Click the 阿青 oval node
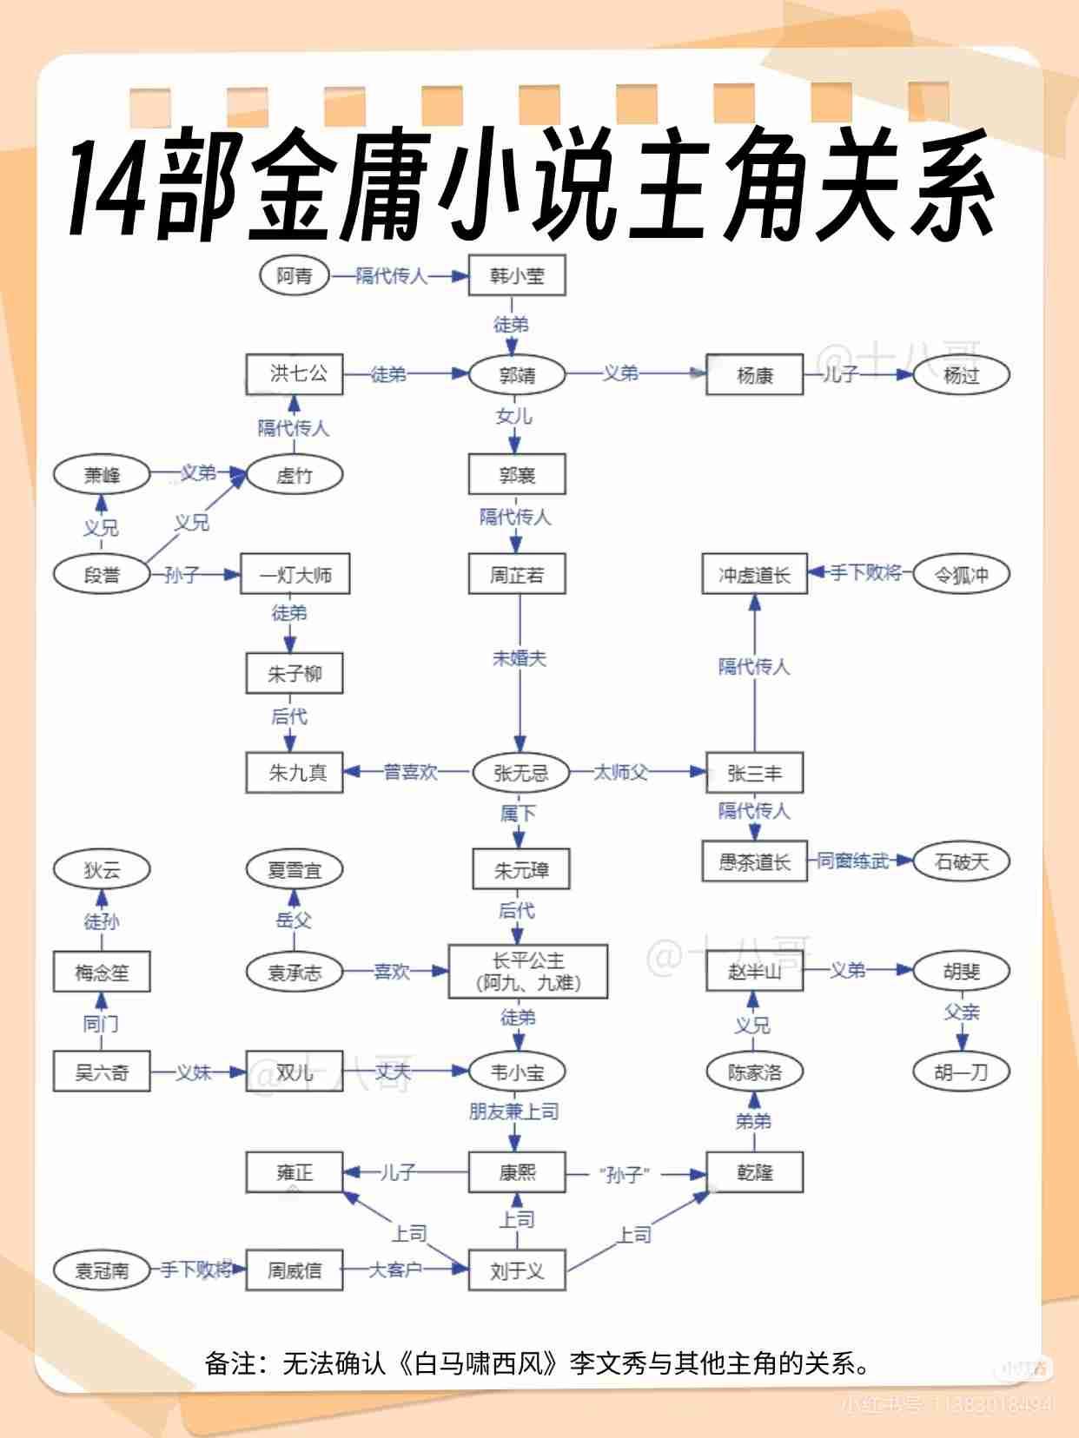tap(295, 276)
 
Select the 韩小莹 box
tap(517, 276)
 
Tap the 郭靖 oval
tap(517, 375)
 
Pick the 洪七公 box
tap(295, 374)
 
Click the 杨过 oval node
tap(961, 375)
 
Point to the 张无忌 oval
tap(520, 772)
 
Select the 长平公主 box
tap(527, 972)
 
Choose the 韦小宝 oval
tap(517, 1072)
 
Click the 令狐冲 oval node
tap(961, 574)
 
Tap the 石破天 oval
tap(961, 861)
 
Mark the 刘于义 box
tap(517, 1270)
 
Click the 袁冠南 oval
tap(102, 1270)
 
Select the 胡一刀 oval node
tap(961, 1072)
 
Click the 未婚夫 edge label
tap(520, 658)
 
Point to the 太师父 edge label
tap(620, 772)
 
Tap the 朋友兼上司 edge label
tap(513, 1111)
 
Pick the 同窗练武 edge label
tap(853, 861)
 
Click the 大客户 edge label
tap(395, 1270)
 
